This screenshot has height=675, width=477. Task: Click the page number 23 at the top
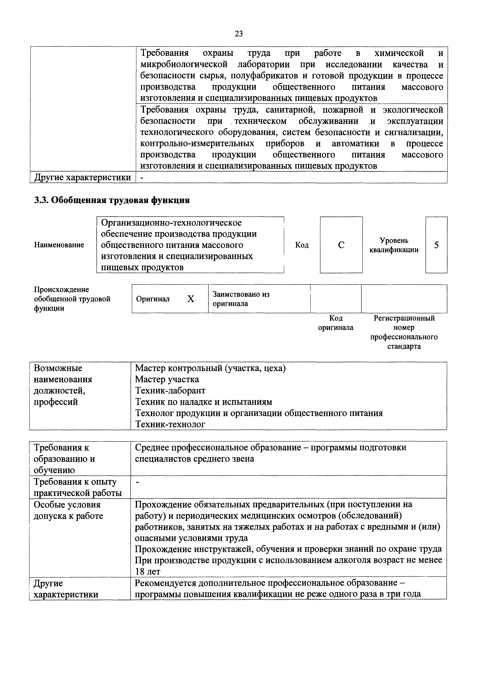(239, 34)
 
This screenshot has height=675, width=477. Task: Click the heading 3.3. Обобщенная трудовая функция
(112, 200)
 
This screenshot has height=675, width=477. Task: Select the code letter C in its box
(341, 245)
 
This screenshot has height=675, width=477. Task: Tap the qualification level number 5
(436, 245)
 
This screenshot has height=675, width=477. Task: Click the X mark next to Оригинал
(191, 299)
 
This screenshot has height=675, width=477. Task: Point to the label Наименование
(59, 245)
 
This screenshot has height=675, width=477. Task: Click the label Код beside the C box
(302, 245)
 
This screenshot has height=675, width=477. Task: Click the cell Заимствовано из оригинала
(241, 299)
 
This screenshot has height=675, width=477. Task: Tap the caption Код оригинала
(336, 323)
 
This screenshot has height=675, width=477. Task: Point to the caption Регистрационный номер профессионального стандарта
(404, 332)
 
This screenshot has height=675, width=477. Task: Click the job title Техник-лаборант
(170, 390)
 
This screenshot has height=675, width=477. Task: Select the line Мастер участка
(167, 379)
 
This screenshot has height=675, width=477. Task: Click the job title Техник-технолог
(170, 424)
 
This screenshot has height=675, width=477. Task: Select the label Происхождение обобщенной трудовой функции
(72, 299)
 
